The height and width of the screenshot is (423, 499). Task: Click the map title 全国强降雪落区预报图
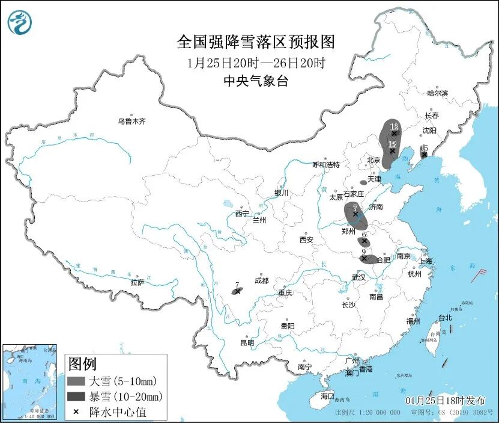[x=255, y=42]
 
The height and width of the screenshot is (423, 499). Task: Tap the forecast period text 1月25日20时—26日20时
[x=255, y=63]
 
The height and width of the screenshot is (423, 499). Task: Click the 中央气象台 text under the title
[x=255, y=81]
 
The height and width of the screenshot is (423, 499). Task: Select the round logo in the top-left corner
[x=19, y=22]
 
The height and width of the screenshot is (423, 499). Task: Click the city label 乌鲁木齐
[x=132, y=121]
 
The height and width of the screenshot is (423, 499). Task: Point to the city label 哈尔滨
[x=437, y=93]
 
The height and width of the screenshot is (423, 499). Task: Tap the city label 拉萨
[x=137, y=282]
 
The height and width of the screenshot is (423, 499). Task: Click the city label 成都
[x=261, y=280]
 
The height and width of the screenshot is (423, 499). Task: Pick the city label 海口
[x=327, y=396]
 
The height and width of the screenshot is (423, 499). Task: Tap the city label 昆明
[x=247, y=342]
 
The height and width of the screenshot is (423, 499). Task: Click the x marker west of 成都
[x=238, y=291]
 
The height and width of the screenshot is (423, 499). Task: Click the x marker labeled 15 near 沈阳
[x=424, y=155]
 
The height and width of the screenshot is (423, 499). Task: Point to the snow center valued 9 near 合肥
[x=364, y=258]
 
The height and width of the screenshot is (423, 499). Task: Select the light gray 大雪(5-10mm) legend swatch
[x=76, y=381]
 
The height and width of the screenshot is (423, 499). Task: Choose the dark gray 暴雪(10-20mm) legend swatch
[x=76, y=396]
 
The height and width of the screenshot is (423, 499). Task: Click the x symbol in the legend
[x=76, y=412]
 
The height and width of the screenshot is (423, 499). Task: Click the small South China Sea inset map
[x=30, y=381]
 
